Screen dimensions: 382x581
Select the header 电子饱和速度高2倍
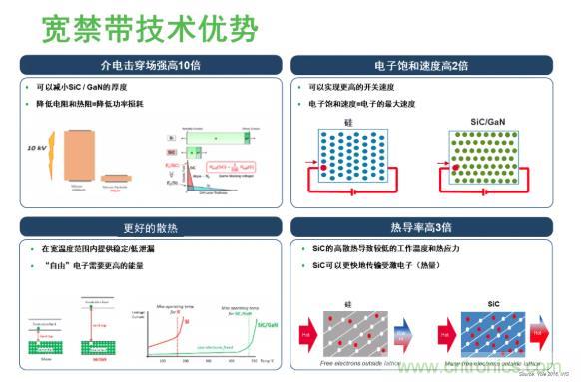431,65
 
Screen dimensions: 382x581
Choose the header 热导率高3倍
431,225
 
